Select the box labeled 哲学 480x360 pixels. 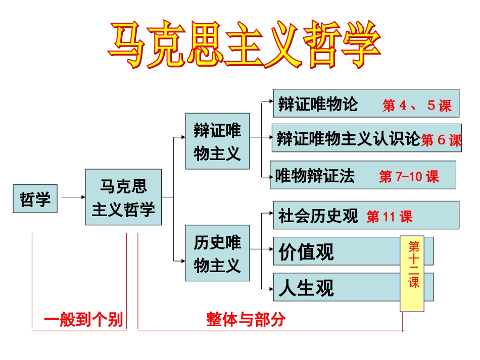[35, 199]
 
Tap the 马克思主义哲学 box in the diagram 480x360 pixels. [123, 197]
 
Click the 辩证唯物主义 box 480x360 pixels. [217, 141]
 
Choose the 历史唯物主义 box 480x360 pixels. [217, 253]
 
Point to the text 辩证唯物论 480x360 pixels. [318, 104]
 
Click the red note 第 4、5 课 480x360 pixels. [417, 106]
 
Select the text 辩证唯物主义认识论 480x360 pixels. [349, 138]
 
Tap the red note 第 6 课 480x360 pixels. [441, 140]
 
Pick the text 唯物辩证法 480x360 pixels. [315, 176]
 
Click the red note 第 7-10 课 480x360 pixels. [409, 177]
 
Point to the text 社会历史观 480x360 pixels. [318, 216]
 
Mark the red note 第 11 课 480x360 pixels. [390, 217]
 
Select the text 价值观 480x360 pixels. [306, 251]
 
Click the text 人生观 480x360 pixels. [306, 288]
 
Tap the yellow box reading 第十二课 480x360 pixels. [412, 273]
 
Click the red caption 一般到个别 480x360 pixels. [83, 320]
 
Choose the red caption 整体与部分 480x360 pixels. [246, 319]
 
